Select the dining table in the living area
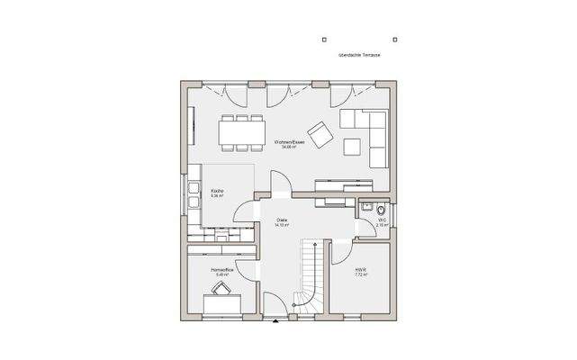coord(243,131)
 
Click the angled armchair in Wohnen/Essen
coord(321,131)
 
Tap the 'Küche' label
coord(217,193)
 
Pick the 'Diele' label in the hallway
coord(281,222)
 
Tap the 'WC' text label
coord(382,220)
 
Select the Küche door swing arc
coord(243,213)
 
